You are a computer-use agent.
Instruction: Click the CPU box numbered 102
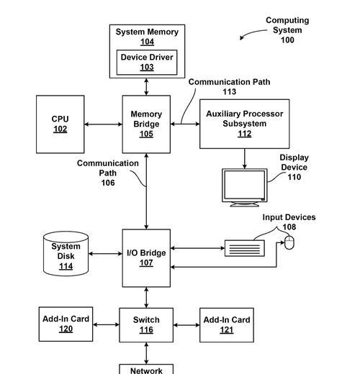tap(60, 124)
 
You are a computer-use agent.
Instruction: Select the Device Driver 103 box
tap(147, 63)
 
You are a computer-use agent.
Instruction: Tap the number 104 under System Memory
tap(147, 42)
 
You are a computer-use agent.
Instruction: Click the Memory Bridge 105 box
tap(146, 124)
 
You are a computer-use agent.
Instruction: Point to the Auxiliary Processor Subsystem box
tap(245, 124)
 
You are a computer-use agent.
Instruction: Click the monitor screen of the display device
tap(245, 184)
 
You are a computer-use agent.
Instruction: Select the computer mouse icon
tap(289, 242)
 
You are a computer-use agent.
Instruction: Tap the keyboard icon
tap(245, 248)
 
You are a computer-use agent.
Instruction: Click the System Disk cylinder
tap(66, 253)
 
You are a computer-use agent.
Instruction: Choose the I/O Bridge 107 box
tap(146, 258)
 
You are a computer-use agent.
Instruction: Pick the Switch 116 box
tap(146, 325)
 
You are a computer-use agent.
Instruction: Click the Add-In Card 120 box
tap(66, 324)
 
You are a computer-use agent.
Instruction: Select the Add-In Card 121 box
tap(227, 325)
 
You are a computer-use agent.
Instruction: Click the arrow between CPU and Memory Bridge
tap(104, 124)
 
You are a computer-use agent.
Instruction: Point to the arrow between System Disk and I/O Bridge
tap(105, 253)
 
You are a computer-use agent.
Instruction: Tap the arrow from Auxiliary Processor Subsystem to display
tap(245, 158)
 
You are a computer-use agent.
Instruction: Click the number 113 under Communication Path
tap(230, 91)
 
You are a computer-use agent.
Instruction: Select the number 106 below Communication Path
tap(108, 183)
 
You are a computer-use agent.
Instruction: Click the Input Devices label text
tap(289, 217)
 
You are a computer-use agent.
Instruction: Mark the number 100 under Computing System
tap(287, 40)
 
